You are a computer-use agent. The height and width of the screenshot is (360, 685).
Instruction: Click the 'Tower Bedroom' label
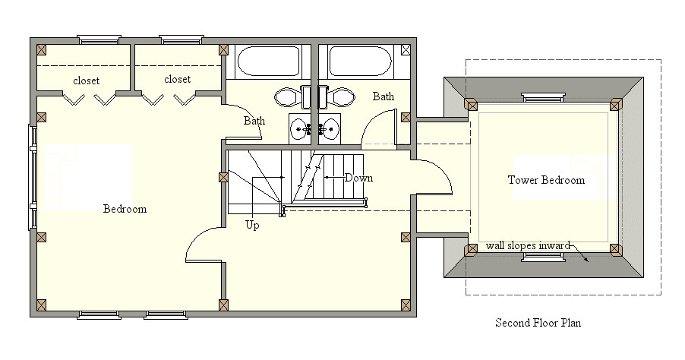coord(546,180)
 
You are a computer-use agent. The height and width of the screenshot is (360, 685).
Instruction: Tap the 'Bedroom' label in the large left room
coord(125,209)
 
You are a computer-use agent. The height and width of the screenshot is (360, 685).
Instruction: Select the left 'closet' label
coord(87,81)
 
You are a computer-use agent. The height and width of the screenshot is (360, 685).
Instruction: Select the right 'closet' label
coord(177,79)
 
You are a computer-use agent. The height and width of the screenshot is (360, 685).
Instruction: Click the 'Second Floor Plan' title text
coord(538,323)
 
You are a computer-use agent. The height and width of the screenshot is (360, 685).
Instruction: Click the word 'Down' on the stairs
coord(358,178)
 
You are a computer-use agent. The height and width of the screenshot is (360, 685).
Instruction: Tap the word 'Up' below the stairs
coord(253,225)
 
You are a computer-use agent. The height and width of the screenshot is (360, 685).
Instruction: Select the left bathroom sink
coord(299,128)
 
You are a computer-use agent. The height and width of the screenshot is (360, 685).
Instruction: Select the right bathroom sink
coord(330,128)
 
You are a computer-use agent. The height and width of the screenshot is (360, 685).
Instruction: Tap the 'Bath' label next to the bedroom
coord(254,121)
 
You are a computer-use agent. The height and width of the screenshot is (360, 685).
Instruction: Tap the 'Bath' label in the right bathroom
coord(384,96)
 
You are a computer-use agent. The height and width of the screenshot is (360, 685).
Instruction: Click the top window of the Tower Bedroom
coord(543,97)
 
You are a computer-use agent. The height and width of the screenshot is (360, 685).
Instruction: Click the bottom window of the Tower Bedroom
coord(543,257)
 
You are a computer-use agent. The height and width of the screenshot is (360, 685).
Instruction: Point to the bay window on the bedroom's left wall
coord(33,177)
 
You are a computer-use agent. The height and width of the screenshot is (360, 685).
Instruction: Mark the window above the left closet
coord(99,39)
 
